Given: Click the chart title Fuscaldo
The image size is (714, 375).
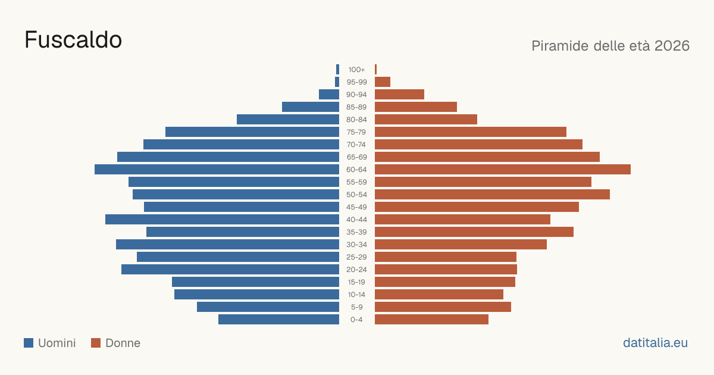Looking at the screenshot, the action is point(73,40).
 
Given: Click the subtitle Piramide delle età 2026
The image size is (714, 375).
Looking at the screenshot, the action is point(610,46).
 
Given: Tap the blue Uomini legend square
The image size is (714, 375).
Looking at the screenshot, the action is point(29,343).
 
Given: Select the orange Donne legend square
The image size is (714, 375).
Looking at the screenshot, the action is point(96,343).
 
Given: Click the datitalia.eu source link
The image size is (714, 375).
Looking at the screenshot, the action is point(655,343).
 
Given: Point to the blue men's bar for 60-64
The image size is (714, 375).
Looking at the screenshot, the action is point(217,169).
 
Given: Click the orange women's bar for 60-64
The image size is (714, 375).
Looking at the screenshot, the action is point(503,169).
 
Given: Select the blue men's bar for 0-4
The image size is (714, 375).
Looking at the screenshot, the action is point(278,319).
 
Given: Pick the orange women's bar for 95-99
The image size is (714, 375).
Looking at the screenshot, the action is point(383,82).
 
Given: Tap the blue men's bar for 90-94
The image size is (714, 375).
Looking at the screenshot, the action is point(329,95).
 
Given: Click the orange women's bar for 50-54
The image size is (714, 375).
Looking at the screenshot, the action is point(492,194).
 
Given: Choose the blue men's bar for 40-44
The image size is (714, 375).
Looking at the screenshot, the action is point(222,220).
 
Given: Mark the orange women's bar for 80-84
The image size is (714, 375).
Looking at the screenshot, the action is point(426,119).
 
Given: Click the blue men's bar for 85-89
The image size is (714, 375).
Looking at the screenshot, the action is point(311,107).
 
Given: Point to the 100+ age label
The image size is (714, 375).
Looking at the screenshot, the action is point(356,70).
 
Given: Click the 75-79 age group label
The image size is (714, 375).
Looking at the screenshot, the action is point(356,132).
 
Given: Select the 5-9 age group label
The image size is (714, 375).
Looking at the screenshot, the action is point(356,307).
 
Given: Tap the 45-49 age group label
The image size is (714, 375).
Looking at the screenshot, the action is point(356,207).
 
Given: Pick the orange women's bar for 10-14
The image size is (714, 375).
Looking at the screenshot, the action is point(439,294).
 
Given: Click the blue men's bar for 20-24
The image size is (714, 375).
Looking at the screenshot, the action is point(230,270).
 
